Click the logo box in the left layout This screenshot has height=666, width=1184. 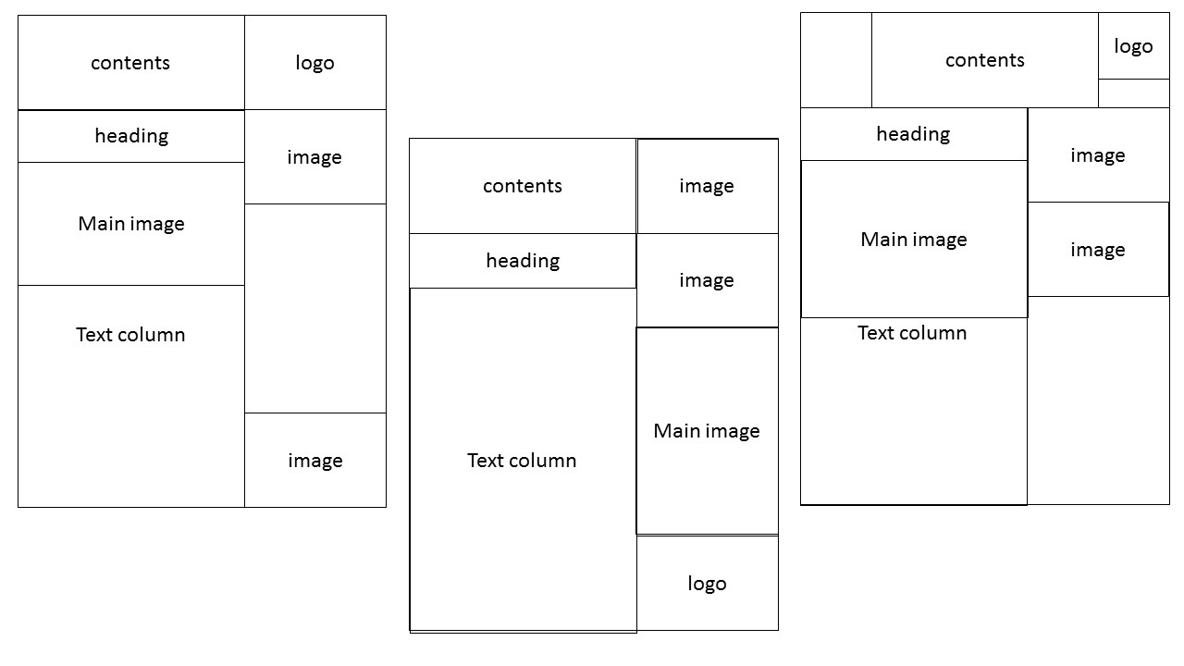click(x=314, y=63)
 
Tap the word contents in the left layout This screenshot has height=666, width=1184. click(x=130, y=63)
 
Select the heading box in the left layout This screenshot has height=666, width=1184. click(x=131, y=136)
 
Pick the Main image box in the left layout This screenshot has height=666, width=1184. click(x=131, y=224)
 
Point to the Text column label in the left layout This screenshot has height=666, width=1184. click(x=130, y=335)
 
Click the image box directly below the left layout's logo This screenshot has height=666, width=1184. click(x=314, y=157)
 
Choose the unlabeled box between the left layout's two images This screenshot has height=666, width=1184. click(x=314, y=308)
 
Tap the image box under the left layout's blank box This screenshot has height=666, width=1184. click(x=314, y=461)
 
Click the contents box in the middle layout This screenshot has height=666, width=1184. click(x=523, y=186)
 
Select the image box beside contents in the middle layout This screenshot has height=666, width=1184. click(x=707, y=186)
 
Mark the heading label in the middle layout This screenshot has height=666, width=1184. click(x=523, y=261)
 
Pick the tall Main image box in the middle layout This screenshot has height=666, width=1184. click(x=707, y=431)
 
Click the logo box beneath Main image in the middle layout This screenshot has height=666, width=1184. click(x=707, y=584)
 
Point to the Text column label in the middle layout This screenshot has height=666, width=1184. click(x=522, y=461)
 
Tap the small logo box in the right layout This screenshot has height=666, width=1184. click(x=1133, y=46)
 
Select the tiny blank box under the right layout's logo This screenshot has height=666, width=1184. click(x=1133, y=93)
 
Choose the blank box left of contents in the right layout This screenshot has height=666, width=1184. click(x=836, y=60)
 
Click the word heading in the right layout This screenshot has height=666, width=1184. click(x=913, y=134)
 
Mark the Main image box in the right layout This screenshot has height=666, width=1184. click(x=914, y=240)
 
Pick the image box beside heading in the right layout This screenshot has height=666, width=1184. click(x=1098, y=155)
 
